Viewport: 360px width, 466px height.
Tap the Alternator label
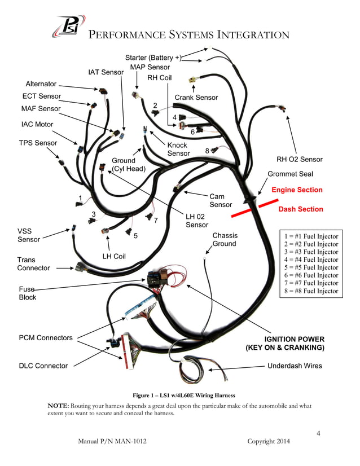coord(41,84)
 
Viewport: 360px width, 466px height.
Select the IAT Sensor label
coord(106,72)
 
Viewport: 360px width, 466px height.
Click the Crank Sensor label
coord(196,98)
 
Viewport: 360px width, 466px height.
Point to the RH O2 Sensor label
coord(299,160)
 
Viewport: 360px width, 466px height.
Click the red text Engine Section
coord(297,190)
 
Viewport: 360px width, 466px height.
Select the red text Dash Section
coord(301,209)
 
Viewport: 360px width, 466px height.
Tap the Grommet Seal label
coord(290,174)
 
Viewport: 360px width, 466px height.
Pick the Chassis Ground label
coord(225,240)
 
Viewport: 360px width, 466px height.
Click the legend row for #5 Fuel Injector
coord(311,268)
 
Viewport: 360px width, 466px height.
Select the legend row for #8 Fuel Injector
coord(311,291)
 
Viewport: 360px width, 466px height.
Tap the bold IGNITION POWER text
coord(295,339)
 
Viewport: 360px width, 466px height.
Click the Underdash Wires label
coord(295,366)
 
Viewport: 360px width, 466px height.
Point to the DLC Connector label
coord(43,366)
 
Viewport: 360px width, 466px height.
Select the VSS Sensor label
coord(29,235)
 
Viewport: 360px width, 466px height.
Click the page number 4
coord(318,433)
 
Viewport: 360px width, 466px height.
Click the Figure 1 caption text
coord(180,395)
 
